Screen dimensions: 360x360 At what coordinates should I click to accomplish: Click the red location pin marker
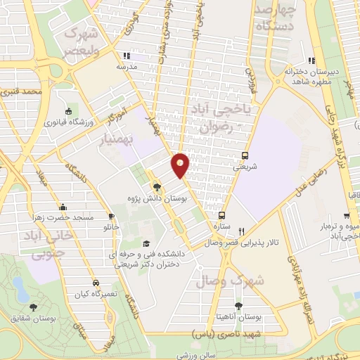pos(181,164)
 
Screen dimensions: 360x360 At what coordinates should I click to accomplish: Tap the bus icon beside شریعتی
pos(245,156)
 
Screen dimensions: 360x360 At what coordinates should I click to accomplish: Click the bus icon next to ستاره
pos(222,216)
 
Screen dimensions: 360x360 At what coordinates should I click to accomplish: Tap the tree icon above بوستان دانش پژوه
pos(157,186)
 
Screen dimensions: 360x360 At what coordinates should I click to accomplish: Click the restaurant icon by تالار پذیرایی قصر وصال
pos(242,231)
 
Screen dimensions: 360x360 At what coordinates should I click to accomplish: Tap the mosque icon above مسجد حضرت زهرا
pos(63,207)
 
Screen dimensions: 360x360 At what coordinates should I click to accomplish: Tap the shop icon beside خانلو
pos(111,215)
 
